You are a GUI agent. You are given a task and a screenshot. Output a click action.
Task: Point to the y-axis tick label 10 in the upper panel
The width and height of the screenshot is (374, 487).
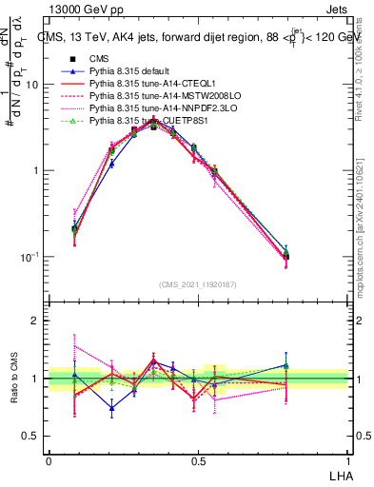coord(32,85)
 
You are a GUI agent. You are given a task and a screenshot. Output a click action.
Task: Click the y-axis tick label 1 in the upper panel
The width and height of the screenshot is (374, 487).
coord(36,171)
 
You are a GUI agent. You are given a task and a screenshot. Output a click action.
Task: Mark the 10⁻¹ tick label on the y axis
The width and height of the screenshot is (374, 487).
coord(30,257)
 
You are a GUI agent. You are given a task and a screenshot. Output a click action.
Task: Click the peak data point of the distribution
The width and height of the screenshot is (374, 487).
coord(153,124)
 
